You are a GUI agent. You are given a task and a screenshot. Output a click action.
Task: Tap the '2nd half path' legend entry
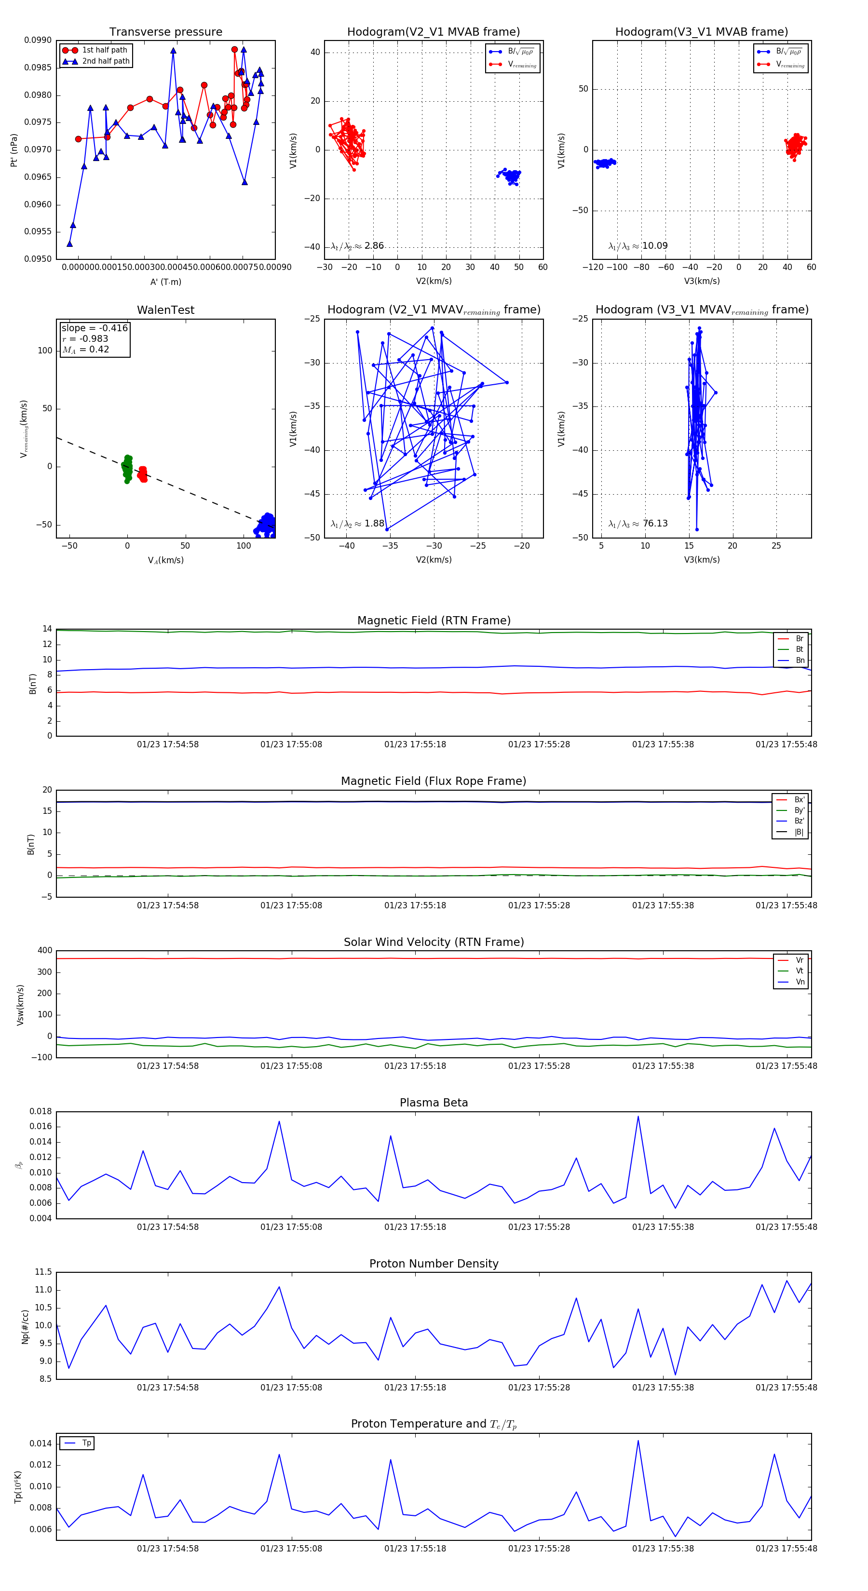tap(106, 61)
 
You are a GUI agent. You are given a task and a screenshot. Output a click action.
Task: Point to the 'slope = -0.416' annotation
tap(95, 328)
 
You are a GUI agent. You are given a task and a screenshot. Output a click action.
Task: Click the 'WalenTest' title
tap(165, 310)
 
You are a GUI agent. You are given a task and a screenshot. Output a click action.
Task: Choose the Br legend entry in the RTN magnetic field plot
tap(799, 639)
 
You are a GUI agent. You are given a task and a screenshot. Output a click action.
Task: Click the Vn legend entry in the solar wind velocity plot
tap(800, 982)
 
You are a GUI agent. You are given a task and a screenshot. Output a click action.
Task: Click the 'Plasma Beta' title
tap(434, 1103)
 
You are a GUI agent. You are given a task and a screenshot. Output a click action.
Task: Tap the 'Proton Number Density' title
tap(434, 1264)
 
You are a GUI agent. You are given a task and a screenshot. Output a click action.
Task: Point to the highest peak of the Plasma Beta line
tap(638, 1116)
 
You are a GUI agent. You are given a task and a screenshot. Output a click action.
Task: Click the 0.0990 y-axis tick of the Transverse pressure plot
tap(38, 41)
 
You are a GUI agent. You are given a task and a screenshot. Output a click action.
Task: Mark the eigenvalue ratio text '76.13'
tap(655, 524)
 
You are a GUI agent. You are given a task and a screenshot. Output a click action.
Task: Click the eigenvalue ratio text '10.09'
tap(655, 246)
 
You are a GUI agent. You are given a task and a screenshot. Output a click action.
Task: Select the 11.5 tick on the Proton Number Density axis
tap(43, 1272)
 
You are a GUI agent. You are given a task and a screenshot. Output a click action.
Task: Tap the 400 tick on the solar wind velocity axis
tap(44, 951)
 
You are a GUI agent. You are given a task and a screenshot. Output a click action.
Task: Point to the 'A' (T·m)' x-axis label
tap(165, 282)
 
